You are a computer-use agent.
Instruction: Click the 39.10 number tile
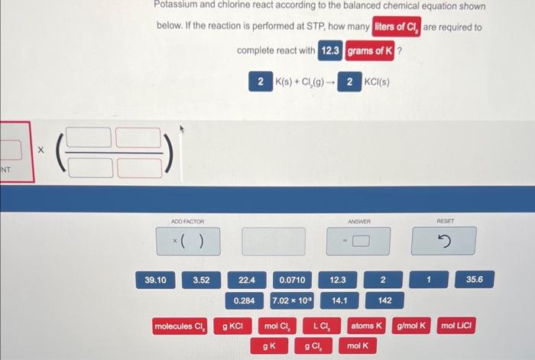pos(155,281)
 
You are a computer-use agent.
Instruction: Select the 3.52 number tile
pos(201,281)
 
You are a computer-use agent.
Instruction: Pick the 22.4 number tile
pos(246,281)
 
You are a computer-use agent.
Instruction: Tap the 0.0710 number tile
pos(292,281)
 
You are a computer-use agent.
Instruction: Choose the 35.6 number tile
pos(474,281)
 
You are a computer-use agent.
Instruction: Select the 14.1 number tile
pos(338,300)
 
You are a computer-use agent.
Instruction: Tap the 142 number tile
pos(384,300)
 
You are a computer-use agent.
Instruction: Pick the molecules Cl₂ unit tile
pos(180,326)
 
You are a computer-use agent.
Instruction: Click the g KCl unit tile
pos(232,326)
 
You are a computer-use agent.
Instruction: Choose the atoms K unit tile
pos(367,326)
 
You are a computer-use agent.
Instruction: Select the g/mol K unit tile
pos(413,326)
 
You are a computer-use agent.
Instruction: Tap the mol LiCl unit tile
pos(459,326)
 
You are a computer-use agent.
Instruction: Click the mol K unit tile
pos(357,346)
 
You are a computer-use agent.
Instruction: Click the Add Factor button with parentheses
pos(188,242)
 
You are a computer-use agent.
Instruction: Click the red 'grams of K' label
pos(370,51)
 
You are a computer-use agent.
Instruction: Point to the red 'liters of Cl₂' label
pos(397,28)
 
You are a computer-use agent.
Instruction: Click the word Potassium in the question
pos(177,5)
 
